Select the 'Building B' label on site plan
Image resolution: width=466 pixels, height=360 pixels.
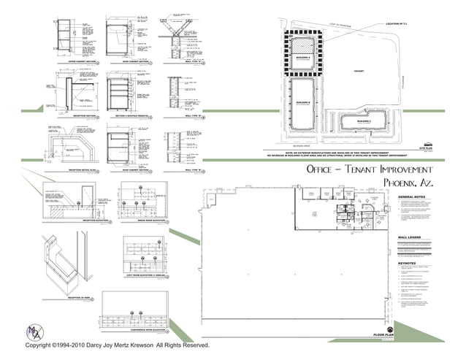[x=303, y=102]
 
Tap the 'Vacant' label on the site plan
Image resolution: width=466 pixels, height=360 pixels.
[x=359, y=71]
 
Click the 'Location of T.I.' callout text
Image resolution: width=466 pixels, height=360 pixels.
[x=401, y=23]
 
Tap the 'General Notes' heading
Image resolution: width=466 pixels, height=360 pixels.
[x=411, y=197]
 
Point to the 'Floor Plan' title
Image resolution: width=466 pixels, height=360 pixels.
[x=383, y=335]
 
